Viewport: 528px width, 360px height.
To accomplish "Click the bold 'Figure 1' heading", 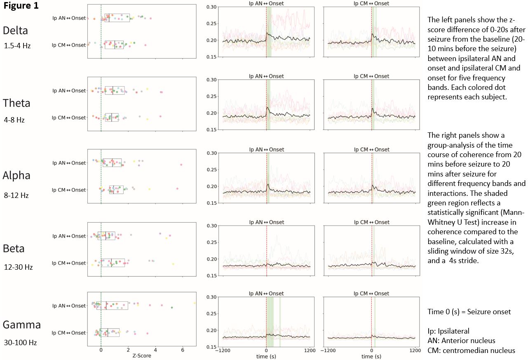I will tap(21, 7).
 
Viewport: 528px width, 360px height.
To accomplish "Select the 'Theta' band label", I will tap(16, 103).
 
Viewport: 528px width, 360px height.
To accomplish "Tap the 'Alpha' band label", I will tap(16, 176).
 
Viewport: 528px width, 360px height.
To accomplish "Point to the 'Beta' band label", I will tap(14, 248).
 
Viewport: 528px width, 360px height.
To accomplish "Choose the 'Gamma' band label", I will tap(22, 325).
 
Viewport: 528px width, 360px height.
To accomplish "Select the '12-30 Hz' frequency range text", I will tap(17, 267).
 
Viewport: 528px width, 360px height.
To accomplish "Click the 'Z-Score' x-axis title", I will tap(142, 355).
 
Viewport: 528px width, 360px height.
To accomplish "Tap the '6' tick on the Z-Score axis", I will tap(183, 350).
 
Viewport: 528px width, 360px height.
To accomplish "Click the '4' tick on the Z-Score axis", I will tap(155, 350).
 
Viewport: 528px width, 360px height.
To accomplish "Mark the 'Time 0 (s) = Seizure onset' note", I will tap(469, 312).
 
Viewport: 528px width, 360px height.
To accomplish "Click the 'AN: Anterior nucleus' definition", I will tap(458, 341).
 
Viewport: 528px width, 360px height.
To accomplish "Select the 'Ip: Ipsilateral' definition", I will tap(448, 331).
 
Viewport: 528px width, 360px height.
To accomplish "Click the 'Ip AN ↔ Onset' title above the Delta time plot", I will tap(266, 3).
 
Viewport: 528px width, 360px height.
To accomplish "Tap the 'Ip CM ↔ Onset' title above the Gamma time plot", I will tap(371, 294).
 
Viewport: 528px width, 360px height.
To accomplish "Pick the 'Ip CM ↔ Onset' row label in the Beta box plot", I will tap(69, 263).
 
